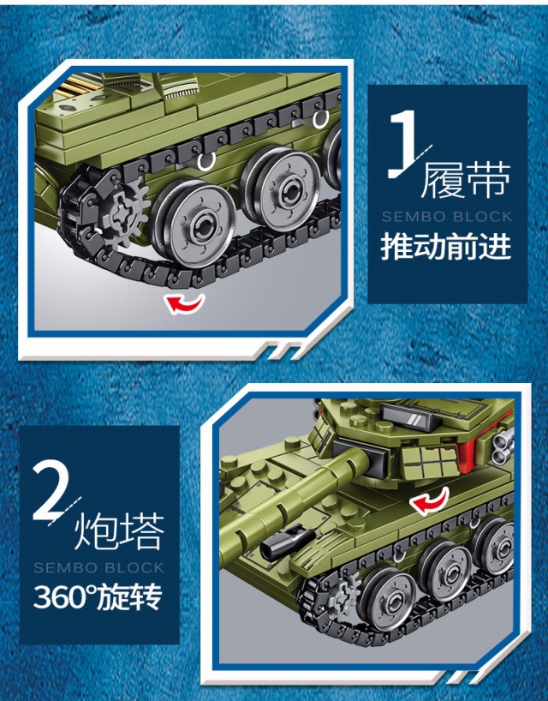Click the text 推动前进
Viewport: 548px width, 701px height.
click(x=446, y=246)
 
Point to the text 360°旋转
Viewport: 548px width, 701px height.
click(x=98, y=596)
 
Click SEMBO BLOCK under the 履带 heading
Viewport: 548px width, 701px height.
click(x=447, y=217)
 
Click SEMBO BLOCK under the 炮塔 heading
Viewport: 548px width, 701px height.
click(x=98, y=568)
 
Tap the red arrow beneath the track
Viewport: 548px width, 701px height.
click(x=184, y=304)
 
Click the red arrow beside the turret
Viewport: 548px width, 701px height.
click(x=429, y=500)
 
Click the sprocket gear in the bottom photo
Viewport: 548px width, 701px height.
click(x=343, y=594)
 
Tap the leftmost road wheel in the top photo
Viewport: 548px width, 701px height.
click(x=193, y=223)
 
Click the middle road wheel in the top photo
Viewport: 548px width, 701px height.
click(x=282, y=189)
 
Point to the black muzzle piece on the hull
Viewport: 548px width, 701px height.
click(x=283, y=542)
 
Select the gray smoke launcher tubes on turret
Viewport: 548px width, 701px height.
click(x=502, y=444)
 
